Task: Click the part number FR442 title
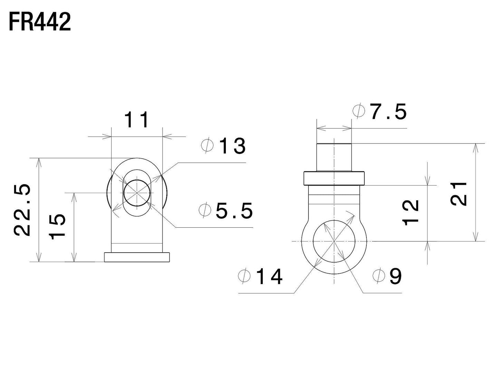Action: [x=39, y=22]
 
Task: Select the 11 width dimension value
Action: [x=137, y=120]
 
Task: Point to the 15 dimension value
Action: [x=57, y=226]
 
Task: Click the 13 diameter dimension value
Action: [x=232, y=146]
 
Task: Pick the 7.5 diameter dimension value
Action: [x=388, y=112]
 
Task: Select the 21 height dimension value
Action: [x=460, y=193]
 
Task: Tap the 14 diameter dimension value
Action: [x=269, y=277]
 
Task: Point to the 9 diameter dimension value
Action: [x=395, y=276]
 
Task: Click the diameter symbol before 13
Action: [x=208, y=146]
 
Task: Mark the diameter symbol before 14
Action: [x=244, y=276]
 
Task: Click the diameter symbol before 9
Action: [x=379, y=276]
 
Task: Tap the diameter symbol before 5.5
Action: [x=205, y=210]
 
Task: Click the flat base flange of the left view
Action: [x=137, y=257]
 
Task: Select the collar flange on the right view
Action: [x=334, y=178]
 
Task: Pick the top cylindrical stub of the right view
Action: [x=334, y=157]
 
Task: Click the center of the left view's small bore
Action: [x=137, y=193]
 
